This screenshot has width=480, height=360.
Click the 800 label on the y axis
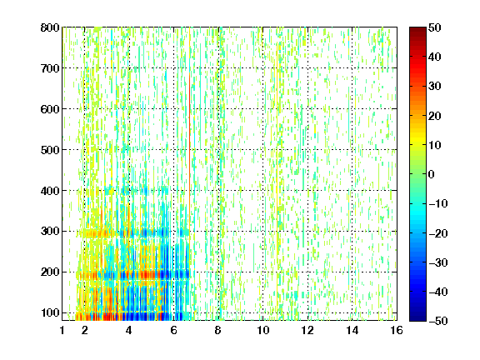click(50, 27)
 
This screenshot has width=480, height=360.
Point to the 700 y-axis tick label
click(50, 68)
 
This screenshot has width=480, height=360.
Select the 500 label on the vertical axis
click(50, 150)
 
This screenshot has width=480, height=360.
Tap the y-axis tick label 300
click(50, 232)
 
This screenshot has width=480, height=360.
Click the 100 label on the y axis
click(50, 312)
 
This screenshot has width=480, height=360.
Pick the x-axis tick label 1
click(62, 330)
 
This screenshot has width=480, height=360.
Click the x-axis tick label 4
click(129, 330)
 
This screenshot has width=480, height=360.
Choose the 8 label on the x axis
click(218, 330)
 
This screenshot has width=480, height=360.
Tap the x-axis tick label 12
click(307, 330)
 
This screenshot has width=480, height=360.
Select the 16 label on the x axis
click(397, 330)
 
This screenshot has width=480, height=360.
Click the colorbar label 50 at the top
click(435, 27)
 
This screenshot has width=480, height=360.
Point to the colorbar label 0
click(432, 174)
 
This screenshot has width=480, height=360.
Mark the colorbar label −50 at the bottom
click(438, 321)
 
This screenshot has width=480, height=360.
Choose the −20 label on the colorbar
click(438, 233)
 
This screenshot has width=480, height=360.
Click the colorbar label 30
click(435, 87)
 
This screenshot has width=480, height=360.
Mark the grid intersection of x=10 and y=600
click(262, 108)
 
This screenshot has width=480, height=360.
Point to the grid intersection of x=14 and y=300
click(352, 231)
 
